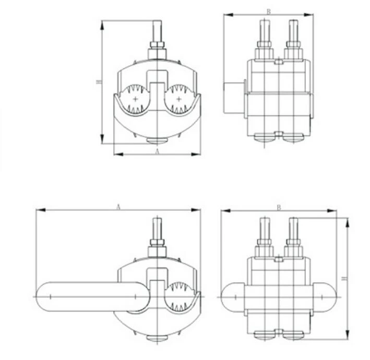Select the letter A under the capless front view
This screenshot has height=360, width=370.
coord(157,151)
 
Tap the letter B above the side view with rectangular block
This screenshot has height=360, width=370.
coord(269,11)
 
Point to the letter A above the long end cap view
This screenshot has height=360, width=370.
coord(118,207)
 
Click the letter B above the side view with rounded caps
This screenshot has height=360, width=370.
coord(278,207)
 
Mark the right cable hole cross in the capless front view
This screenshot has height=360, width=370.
coord(179,99)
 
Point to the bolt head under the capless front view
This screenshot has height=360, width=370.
coord(157,140)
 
